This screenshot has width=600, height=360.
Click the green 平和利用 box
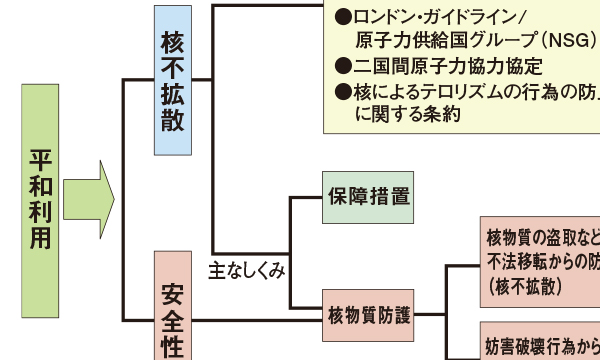(39, 199)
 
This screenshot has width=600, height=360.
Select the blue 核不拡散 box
(172, 80)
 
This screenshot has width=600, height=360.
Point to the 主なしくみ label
(247, 269)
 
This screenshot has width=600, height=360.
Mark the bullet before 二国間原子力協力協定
(342, 67)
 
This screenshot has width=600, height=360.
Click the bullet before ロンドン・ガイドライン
(342, 17)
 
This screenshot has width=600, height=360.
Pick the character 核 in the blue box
(172, 44)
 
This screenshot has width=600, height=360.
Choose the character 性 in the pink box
(172, 345)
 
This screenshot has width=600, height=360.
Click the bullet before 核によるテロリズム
(342, 92)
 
